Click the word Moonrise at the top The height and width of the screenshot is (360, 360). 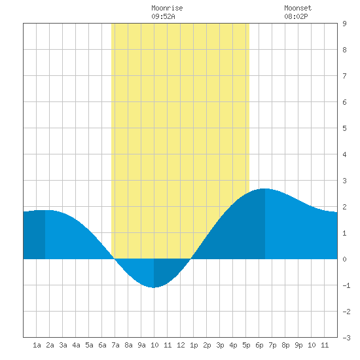[x=167, y=8]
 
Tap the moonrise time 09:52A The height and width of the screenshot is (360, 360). [x=163, y=16]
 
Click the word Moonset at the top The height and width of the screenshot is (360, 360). [x=298, y=8]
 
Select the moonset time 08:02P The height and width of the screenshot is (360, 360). [x=296, y=16]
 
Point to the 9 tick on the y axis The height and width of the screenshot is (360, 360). [x=344, y=24]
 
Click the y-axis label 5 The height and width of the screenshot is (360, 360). [x=344, y=128]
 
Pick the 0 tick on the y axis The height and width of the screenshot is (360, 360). [x=344, y=259]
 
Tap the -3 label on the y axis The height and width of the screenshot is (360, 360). [x=346, y=338]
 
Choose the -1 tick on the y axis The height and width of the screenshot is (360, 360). [x=346, y=285]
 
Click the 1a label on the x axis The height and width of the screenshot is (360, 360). [x=37, y=345]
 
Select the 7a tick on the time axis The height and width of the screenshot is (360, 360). [x=115, y=345]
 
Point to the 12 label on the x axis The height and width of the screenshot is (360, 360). [x=181, y=345]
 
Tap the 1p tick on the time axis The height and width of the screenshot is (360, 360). [x=194, y=345]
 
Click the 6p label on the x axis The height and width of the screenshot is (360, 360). [x=259, y=345]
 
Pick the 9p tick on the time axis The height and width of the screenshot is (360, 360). [x=298, y=345]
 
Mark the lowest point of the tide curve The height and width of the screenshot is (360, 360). [x=154, y=287]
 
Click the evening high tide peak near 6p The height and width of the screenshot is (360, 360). [x=265, y=189]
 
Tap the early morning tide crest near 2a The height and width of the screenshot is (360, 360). [x=45, y=210]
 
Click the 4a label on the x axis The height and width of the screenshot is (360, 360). [x=76, y=345]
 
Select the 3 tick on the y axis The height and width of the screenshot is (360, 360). [x=344, y=181]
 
